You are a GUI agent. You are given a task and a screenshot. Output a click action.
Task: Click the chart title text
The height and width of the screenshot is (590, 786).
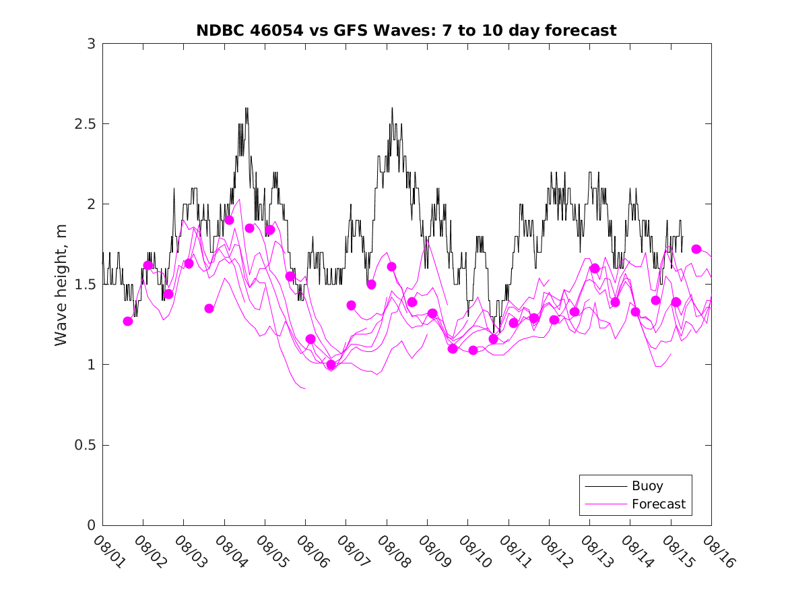[x=406, y=30]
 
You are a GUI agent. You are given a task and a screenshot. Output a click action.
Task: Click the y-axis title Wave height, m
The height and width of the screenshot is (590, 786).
[x=61, y=285]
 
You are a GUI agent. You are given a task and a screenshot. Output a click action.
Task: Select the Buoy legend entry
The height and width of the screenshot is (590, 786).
[x=647, y=486]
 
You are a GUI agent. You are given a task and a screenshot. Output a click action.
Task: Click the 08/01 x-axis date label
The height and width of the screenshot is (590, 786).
[x=106, y=551]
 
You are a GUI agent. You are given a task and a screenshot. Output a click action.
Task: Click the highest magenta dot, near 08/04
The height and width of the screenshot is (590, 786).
[x=229, y=220]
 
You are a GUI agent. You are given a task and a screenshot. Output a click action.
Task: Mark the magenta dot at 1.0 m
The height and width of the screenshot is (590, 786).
[x=331, y=365]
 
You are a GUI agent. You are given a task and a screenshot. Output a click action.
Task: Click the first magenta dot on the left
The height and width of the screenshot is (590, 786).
[x=128, y=321]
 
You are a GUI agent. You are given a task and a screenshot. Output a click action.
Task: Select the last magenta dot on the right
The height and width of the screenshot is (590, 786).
[x=696, y=249]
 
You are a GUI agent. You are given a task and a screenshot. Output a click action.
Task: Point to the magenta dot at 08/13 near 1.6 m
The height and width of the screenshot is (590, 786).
[x=595, y=268]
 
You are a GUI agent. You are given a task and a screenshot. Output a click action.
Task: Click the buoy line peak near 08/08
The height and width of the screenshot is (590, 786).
[x=392, y=108]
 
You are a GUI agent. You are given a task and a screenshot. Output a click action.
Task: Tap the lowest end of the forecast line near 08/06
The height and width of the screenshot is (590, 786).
[x=304, y=388]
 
